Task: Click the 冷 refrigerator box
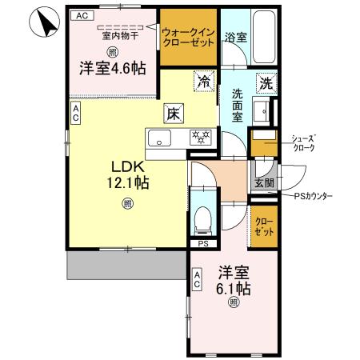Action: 204,80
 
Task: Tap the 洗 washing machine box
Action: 265,81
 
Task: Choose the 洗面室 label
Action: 238,105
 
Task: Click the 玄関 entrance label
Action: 264,183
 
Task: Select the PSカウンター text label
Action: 313,196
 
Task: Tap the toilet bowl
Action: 202,216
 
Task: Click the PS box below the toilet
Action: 202,244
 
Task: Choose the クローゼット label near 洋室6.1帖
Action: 263,226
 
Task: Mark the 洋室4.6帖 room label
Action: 112,68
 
